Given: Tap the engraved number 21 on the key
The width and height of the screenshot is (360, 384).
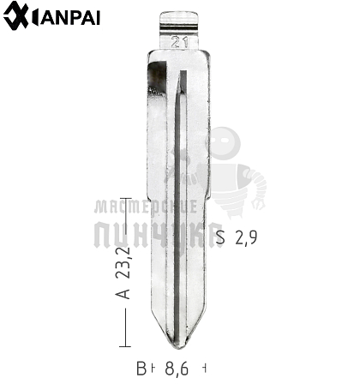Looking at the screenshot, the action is click(179, 43).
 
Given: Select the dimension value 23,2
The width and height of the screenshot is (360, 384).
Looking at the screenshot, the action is click(123, 262).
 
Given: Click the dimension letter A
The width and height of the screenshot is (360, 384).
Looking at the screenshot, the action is click(123, 293).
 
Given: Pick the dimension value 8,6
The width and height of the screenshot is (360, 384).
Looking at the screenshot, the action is click(177, 369).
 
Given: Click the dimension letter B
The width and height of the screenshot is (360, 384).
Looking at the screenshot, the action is click(141, 369).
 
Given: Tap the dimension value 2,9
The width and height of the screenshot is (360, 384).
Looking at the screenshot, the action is click(246, 237).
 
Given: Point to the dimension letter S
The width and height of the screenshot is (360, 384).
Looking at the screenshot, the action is click(220, 237).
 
